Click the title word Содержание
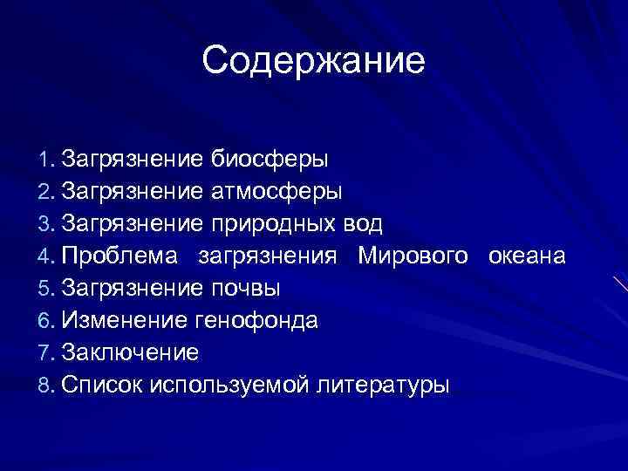pyautogui.click(x=313, y=61)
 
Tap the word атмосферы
pyautogui.click(x=276, y=191)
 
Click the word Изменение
pyautogui.click(x=124, y=320)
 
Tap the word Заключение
pyautogui.click(x=131, y=352)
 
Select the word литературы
pyautogui.click(x=383, y=385)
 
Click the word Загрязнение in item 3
pyautogui.click(x=133, y=223)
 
